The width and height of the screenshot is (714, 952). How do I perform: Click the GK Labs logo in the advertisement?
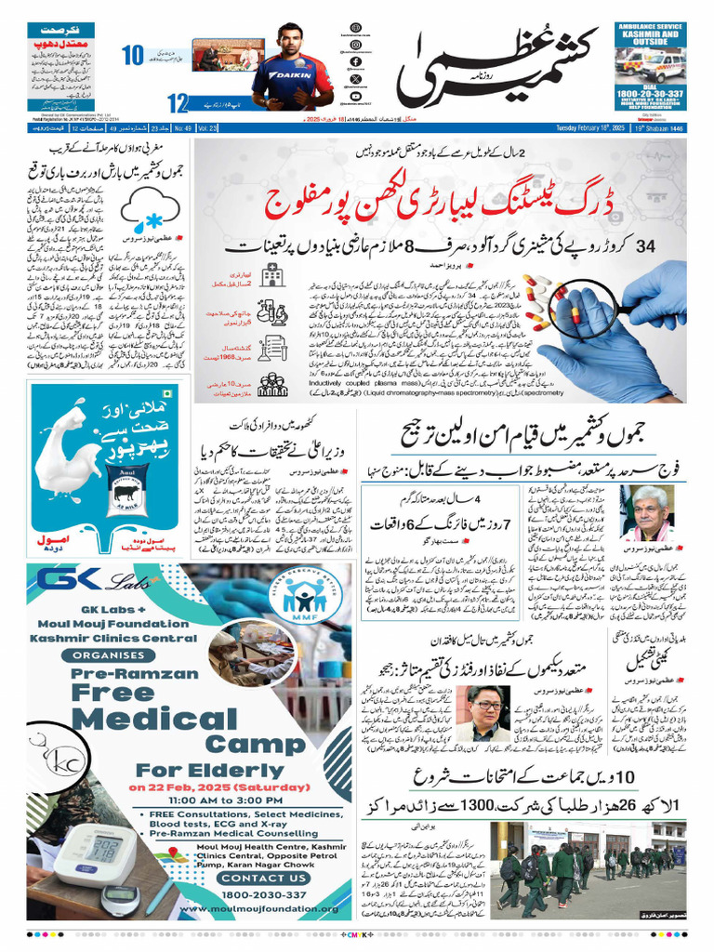(88, 580)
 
